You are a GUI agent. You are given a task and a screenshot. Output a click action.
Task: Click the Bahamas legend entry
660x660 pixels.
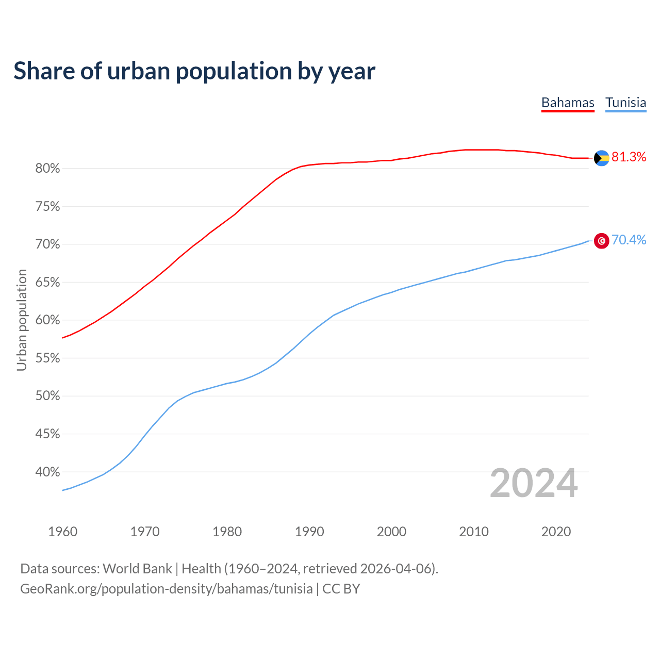(568, 103)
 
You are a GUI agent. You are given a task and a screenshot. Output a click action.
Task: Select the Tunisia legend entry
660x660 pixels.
(625, 103)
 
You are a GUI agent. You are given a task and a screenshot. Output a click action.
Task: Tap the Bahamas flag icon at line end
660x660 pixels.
(602, 158)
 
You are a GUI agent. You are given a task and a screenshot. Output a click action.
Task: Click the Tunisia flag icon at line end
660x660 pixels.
(602, 241)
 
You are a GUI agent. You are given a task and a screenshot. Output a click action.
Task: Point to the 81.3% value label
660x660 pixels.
(629, 157)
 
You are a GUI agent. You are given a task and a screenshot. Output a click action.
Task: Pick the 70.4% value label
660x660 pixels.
(629, 240)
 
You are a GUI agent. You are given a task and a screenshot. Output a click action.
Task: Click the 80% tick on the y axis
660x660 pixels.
(48, 169)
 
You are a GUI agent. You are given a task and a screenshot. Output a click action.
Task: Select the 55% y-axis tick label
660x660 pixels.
(48, 358)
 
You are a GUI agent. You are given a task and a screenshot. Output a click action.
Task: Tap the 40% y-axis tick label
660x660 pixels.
(48, 472)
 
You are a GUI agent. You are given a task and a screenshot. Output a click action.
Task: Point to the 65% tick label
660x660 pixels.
(48, 283)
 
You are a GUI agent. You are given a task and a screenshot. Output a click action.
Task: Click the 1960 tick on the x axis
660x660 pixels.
(62, 532)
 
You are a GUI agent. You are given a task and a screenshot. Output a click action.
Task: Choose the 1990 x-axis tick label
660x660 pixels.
(309, 532)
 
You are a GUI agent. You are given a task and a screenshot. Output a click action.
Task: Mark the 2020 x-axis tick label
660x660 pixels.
(556, 532)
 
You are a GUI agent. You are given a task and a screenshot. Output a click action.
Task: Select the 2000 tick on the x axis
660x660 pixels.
(391, 532)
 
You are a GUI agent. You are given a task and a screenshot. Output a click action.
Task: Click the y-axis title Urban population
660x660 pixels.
(22, 320)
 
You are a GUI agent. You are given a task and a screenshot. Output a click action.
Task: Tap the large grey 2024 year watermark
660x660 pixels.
(534, 484)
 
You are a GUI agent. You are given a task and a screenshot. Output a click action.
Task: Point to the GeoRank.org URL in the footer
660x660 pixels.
(166, 589)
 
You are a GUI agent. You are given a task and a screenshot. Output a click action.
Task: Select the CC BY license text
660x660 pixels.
(341, 589)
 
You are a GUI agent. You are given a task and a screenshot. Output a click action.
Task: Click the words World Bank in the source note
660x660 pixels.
(137, 569)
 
